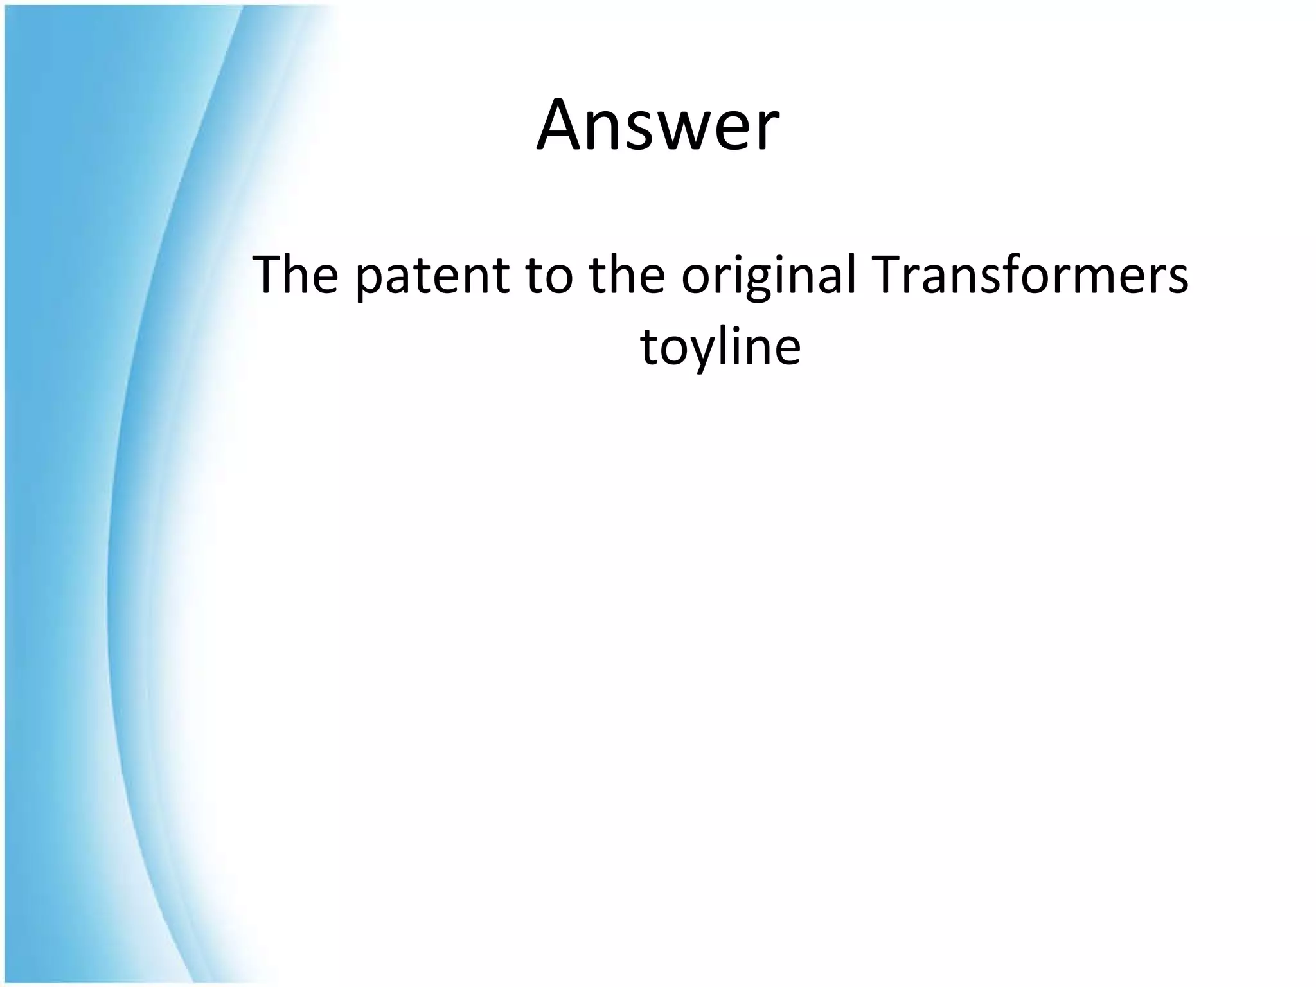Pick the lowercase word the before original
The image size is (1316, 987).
627,276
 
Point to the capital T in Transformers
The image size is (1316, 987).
889,274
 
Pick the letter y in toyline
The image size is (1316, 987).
702,354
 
